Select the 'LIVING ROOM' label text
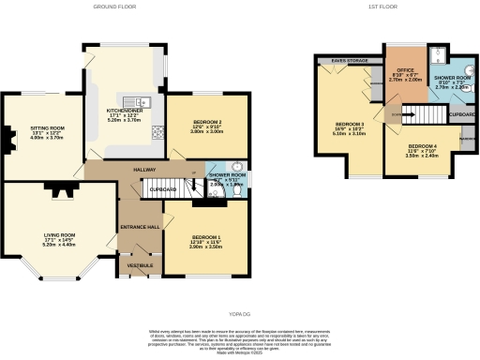(58, 234)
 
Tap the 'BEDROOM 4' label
(426, 148)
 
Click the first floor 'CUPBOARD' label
(462, 115)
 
